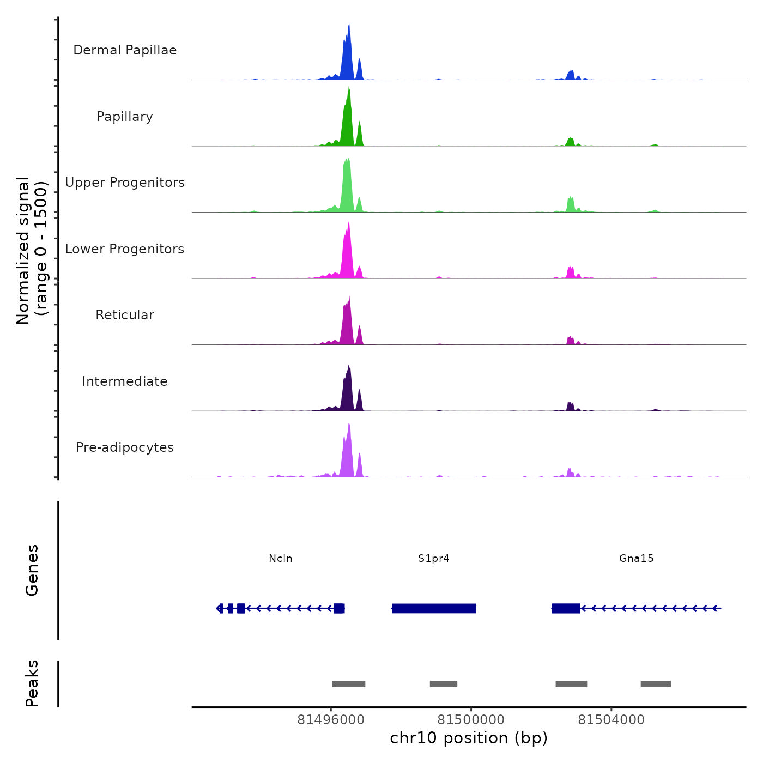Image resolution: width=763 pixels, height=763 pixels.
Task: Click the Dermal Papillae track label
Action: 125,50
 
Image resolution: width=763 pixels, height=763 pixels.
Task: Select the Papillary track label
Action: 125,117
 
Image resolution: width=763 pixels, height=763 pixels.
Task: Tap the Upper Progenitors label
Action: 125,183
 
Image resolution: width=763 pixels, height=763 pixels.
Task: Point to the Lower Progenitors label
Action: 125,249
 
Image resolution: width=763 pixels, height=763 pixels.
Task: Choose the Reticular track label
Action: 125,315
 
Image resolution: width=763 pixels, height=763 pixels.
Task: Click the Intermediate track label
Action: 125,381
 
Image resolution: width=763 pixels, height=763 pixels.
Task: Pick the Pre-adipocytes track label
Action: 125,447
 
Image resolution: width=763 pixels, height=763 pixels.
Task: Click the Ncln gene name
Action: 281,559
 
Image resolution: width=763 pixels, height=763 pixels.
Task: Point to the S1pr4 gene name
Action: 434,559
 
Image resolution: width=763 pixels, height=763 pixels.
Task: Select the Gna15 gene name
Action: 636,559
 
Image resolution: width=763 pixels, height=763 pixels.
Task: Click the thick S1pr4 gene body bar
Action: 434,608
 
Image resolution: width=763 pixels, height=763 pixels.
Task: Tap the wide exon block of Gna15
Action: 566,608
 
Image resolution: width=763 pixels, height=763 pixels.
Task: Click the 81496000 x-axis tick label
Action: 331,720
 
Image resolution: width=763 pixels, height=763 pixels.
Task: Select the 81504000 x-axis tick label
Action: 611,720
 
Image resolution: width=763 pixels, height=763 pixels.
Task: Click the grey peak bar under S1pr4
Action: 443,684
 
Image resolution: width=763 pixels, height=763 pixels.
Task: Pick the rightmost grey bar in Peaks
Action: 656,684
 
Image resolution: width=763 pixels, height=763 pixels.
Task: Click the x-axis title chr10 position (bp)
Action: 469,738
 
